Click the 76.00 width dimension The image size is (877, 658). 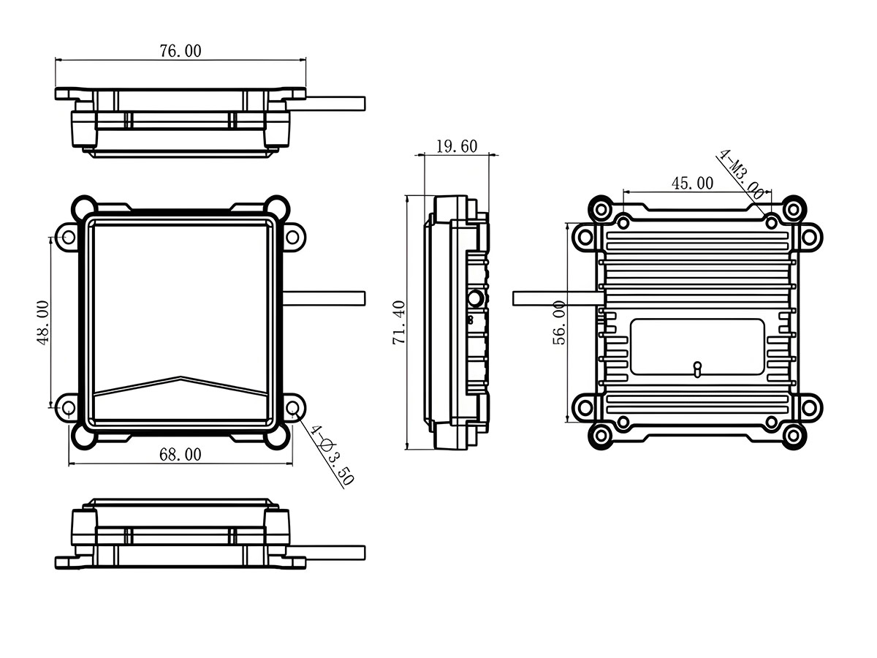pyautogui.click(x=180, y=50)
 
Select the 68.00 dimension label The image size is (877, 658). pyautogui.click(x=180, y=454)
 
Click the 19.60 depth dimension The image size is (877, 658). pyautogui.click(x=456, y=146)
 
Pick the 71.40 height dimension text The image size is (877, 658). pyautogui.click(x=399, y=322)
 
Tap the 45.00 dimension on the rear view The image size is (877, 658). pyautogui.click(x=692, y=183)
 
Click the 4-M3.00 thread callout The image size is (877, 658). pyautogui.click(x=741, y=175)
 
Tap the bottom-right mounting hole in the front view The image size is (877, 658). pyautogui.click(x=293, y=407)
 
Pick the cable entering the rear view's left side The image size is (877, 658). pyautogui.click(x=555, y=298)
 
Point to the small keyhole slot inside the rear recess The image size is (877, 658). pyautogui.click(x=697, y=368)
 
